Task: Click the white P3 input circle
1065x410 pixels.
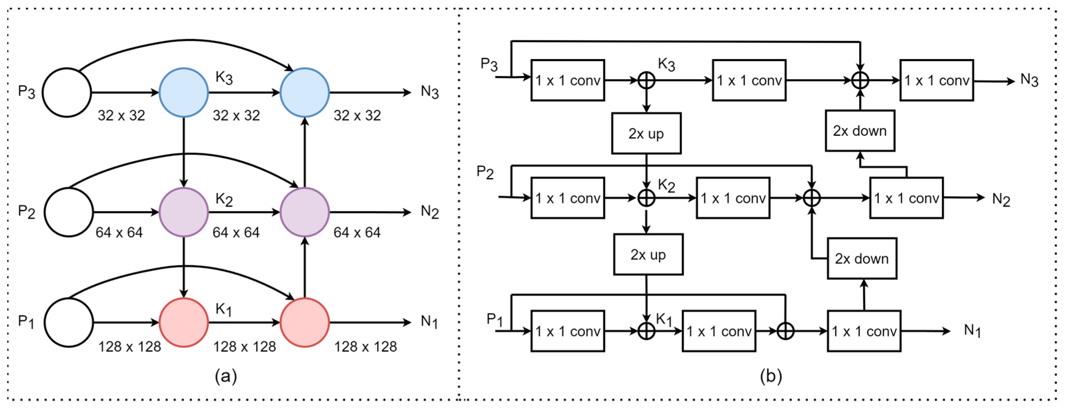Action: (67, 93)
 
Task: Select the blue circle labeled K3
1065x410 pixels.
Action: (184, 93)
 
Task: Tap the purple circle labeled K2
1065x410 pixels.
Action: (184, 212)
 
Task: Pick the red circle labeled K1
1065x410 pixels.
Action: (184, 322)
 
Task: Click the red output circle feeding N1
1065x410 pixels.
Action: (305, 322)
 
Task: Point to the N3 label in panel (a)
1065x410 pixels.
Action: (429, 92)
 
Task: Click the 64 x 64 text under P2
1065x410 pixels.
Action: (119, 232)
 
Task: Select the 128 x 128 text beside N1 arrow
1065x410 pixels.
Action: (366, 346)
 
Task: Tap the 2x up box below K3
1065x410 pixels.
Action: (646, 134)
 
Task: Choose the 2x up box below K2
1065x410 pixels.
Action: (648, 255)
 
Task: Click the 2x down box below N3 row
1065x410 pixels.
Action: (860, 131)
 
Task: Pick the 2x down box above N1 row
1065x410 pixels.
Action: (862, 258)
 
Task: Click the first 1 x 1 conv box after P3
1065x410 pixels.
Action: (568, 80)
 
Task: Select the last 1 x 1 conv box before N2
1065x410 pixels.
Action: (906, 198)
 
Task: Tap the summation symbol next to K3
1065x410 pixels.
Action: (646, 80)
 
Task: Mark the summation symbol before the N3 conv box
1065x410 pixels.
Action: (860, 80)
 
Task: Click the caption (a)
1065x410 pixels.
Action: (226, 376)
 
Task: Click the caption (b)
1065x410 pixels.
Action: (771, 376)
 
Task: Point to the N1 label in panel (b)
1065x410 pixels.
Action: (972, 331)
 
